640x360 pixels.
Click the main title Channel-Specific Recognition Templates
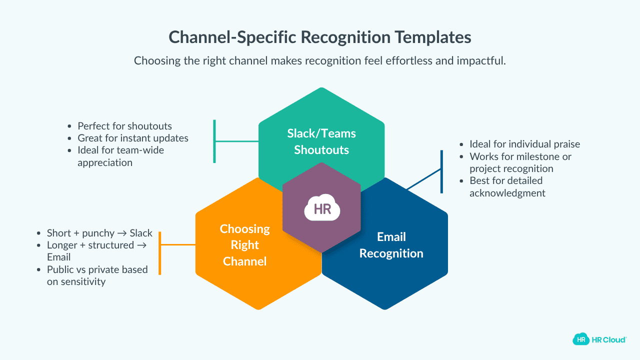pos(319,37)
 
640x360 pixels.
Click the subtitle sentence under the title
pos(319,61)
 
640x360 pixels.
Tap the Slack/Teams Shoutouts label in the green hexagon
pos(321,141)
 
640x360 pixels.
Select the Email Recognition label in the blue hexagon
pos(391,245)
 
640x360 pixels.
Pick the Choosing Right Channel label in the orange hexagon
pos(245,245)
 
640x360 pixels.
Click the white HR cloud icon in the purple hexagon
pos(322,208)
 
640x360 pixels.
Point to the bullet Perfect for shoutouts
pos(124,126)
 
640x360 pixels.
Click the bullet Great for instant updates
pos(132,138)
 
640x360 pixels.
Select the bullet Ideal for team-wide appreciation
pos(120,156)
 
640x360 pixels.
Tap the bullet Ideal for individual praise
pos(524,144)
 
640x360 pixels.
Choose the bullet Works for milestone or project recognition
pos(520,162)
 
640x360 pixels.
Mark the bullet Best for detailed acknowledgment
pos(507,186)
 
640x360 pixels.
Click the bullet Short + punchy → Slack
pos(99,233)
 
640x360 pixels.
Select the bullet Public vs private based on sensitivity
pos(97,275)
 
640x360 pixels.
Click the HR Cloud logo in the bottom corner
pos(599,339)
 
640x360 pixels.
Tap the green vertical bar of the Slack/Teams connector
pos(214,141)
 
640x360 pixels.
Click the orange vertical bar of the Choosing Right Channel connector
pos(159,252)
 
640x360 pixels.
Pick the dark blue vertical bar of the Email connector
pos(441,171)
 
